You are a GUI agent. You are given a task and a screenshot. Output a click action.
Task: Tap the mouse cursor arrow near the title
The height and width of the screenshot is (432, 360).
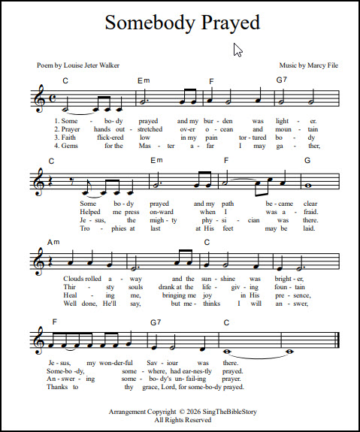237,50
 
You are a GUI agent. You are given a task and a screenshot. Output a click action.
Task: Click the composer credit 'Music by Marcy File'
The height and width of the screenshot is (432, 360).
308,66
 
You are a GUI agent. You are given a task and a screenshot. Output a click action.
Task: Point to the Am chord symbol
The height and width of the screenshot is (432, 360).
53,242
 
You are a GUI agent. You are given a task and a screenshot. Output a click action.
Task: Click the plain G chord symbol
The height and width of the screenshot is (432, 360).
307,161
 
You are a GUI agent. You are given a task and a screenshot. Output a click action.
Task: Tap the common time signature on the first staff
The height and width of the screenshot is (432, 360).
50,101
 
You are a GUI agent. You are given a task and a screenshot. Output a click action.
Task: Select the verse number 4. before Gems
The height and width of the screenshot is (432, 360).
57,146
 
